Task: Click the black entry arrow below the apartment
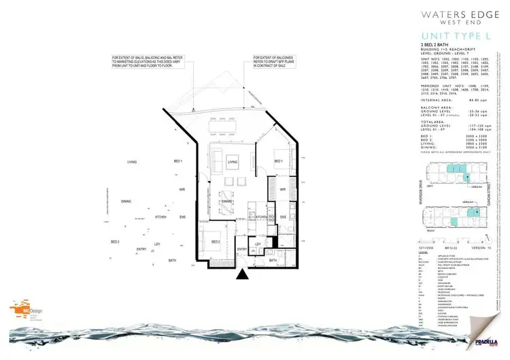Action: pyautogui.click(x=241, y=274)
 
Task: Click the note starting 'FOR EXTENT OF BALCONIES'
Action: pyautogui.click(x=275, y=61)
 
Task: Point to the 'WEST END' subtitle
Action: pyautogui.click(x=466, y=20)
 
